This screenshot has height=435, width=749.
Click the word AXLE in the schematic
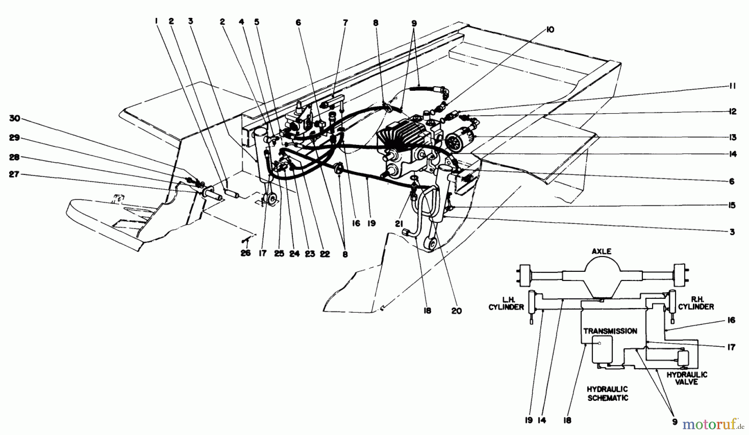601,251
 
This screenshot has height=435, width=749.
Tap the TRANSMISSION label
610,331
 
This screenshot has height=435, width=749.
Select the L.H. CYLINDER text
506,303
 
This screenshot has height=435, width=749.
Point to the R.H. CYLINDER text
696,303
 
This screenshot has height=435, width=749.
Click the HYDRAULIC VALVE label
687,378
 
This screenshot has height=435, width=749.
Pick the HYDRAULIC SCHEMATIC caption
608,393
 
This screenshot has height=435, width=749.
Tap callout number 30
15,119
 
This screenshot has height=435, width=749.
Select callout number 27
15,175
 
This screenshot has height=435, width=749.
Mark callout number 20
456,311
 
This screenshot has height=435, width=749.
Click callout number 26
246,253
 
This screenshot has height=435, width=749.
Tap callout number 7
345,23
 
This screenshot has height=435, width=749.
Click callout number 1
156,21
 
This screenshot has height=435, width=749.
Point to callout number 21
399,224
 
